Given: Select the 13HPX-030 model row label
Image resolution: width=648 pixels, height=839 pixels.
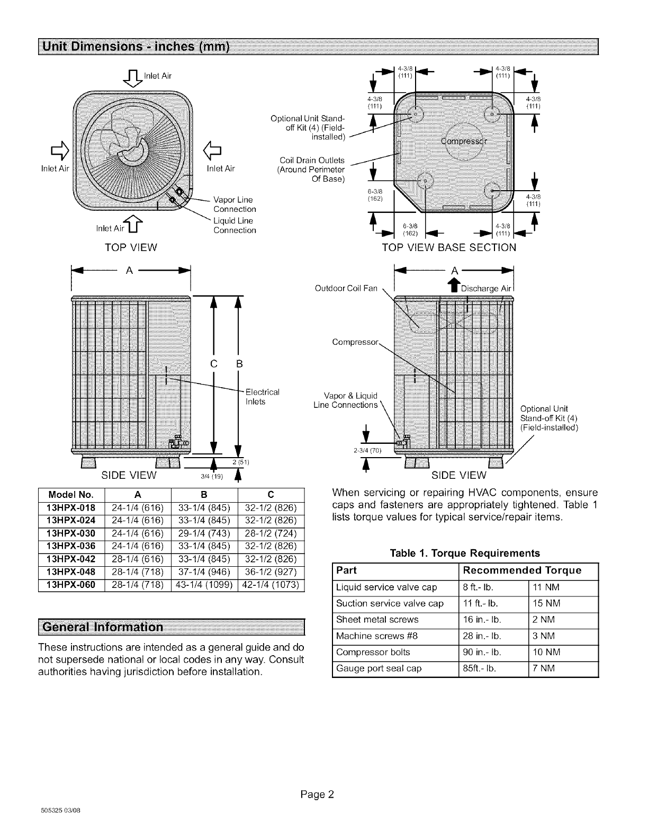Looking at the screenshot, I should click(x=71, y=533).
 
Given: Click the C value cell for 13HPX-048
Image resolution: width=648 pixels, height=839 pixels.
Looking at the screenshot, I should click(x=271, y=572).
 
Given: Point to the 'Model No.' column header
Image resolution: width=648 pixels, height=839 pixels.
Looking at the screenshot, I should click(x=71, y=495).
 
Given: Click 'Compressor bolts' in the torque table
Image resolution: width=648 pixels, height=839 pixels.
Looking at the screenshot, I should click(x=373, y=652).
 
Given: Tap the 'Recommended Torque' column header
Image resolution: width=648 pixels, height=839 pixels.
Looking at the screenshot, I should click(x=521, y=570).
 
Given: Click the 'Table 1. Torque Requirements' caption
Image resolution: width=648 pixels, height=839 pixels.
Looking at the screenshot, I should click(x=464, y=553).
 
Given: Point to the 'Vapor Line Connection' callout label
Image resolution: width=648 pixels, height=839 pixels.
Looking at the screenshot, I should click(x=233, y=204).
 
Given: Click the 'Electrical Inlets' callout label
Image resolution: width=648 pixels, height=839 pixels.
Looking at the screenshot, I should click(x=262, y=397).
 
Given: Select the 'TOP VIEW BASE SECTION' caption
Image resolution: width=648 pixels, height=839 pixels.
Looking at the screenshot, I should click(x=449, y=247).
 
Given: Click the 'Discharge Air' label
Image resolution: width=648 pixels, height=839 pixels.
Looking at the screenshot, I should click(x=486, y=289).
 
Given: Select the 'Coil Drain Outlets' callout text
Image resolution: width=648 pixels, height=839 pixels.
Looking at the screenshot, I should click(x=312, y=160).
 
